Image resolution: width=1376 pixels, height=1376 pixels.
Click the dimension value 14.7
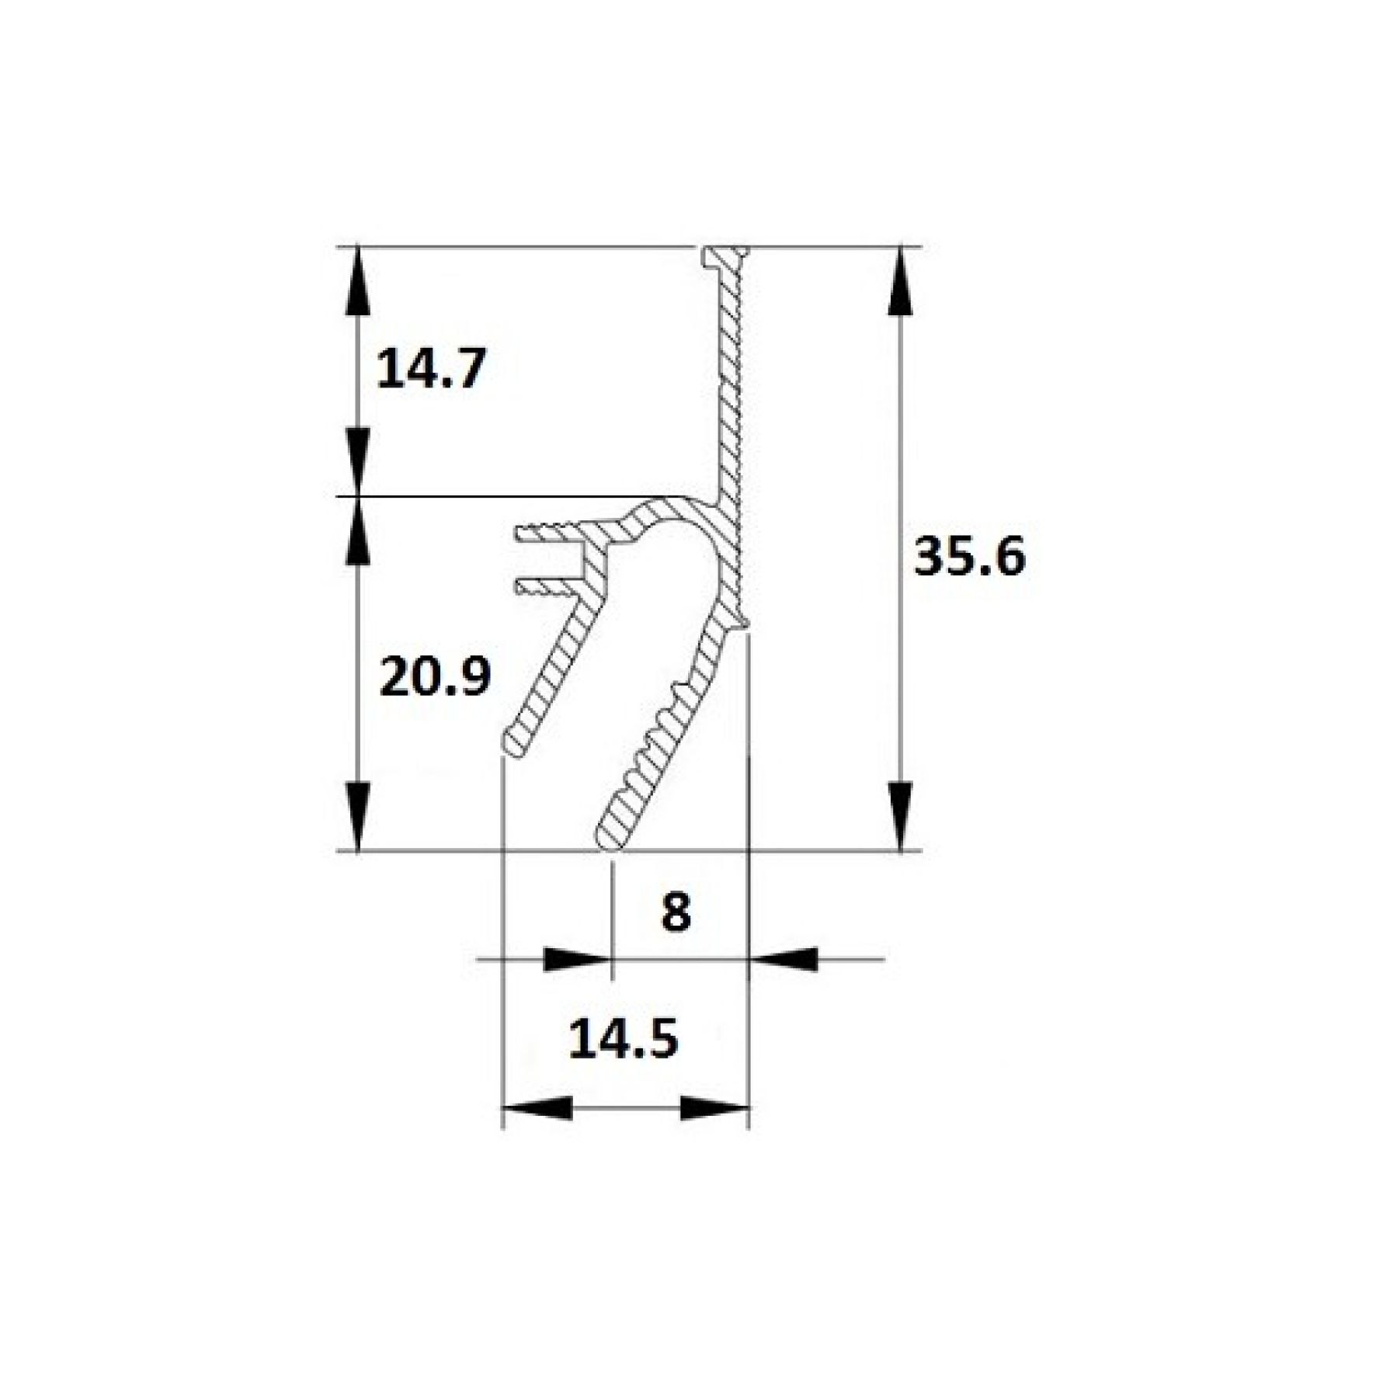431,368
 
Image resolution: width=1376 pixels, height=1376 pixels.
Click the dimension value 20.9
435,676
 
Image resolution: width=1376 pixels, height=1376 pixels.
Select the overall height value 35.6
969,556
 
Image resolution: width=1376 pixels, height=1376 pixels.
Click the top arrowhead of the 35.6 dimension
900,280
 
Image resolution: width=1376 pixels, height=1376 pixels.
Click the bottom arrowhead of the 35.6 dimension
900,817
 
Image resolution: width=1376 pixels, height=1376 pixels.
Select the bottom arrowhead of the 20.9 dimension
357,817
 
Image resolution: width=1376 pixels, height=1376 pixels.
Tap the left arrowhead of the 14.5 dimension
537,1108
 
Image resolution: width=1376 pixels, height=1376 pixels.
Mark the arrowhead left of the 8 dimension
576,959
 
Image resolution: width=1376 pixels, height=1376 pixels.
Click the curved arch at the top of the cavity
668,512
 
